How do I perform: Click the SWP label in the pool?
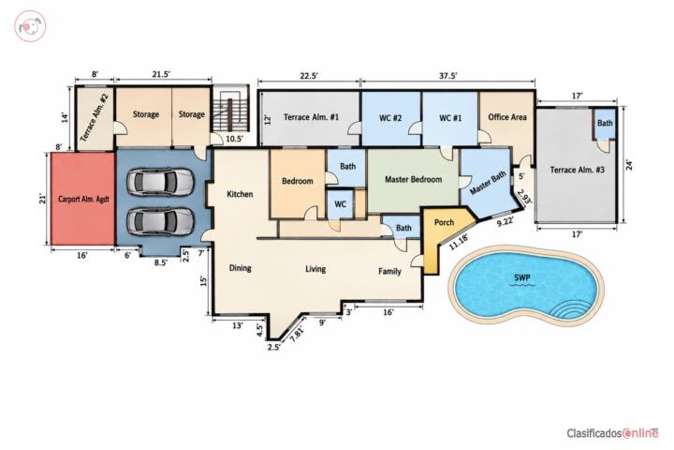click(522, 278)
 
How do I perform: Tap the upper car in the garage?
click(160, 182)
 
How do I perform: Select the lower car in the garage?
click(160, 221)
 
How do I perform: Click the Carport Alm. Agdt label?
click(84, 199)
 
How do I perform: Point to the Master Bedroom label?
click(413, 179)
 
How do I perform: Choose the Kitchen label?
click(240, 194)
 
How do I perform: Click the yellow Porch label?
click(444, 222)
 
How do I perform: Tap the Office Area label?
click(507, 116)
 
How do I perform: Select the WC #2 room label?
click(390, 117)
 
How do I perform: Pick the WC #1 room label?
click(450, 117)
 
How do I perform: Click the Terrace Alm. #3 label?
click(577, 170)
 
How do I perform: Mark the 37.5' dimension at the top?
click(447, 76)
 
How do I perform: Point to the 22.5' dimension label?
click(309, 76)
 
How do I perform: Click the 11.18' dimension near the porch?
click(459, 242)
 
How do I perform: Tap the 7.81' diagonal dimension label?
click(297, 334)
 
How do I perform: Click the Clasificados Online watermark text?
click(612, 433)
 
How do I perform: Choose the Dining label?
click(240, 268)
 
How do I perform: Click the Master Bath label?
click(488, 183)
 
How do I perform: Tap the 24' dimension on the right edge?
click(629, 165)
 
